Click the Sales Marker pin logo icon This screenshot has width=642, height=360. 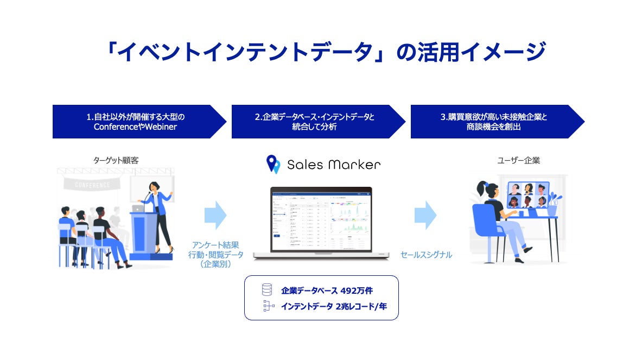[273, 164]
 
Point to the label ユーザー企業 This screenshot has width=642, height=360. [519, 161]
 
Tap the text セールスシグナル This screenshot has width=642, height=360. [426, 255]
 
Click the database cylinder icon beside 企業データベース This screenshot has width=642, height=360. [266, 290]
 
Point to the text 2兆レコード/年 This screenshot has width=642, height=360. [360, 306]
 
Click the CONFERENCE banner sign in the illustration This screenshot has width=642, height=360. [92, 184]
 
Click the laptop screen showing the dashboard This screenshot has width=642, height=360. [321, 220]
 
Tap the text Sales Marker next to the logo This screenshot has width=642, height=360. [334, 164]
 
